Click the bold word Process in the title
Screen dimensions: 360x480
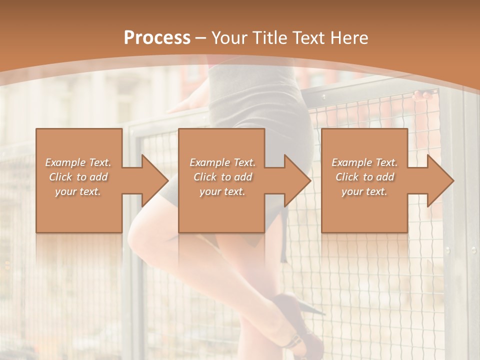coord(157,37)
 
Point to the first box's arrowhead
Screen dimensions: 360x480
coord(155,180)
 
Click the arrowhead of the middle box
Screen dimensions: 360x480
coord(297,180)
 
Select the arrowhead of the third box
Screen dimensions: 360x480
coord(440,180)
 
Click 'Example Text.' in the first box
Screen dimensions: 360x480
coord(78,162)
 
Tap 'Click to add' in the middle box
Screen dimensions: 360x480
coord(222,177)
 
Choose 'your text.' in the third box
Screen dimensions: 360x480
coord(364,191)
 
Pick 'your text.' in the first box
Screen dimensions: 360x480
coord(78,191)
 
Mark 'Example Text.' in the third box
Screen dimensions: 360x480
coord(364,162)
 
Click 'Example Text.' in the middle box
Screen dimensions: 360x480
coord(222,162)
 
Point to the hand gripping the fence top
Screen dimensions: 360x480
coord(423,95)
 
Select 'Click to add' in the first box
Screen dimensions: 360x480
coord(78,177)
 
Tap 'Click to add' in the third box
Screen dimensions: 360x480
coord(364,177)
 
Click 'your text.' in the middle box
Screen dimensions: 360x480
coord(222,191)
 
